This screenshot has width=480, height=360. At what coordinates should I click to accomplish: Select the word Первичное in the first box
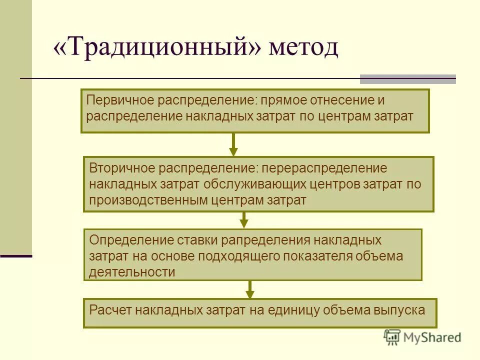[120, 99]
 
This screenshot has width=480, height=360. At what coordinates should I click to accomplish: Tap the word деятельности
[132, 272]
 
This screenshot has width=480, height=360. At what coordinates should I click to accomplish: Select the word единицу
[292, 309]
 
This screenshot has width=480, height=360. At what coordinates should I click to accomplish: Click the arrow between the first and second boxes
[233, 145]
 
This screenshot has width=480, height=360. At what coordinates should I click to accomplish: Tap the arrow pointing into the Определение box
[244, 220]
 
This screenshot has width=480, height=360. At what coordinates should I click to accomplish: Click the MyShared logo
[422, 337]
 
